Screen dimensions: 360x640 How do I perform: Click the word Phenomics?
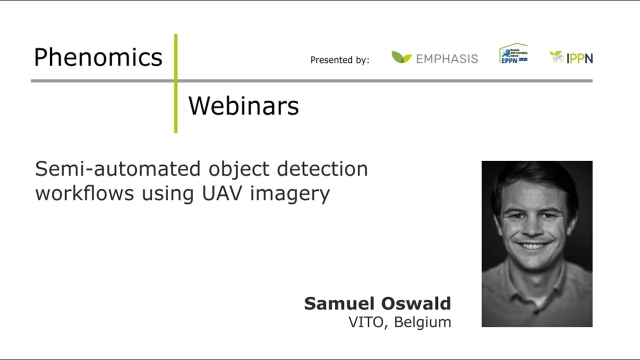(x=98, y=58)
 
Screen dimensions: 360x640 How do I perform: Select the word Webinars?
(x=243, y=106)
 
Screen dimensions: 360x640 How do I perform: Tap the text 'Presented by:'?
(x=339, y=60)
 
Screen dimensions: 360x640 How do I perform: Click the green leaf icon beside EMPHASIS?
(x=401, y=57)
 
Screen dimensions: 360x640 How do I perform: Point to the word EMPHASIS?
(x=446, y=59)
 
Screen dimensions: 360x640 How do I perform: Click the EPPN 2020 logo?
(x=513, y=53)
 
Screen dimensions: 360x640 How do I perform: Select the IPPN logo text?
(x=579, y=58)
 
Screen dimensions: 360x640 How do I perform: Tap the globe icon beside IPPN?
(x=556, y=56)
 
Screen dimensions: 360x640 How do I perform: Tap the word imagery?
(x=290, y=194)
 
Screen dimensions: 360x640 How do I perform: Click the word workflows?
(x=84, y=193)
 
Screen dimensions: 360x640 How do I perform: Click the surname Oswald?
(x=416, y=303)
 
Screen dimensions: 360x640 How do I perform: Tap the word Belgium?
(x=422, y=322)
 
